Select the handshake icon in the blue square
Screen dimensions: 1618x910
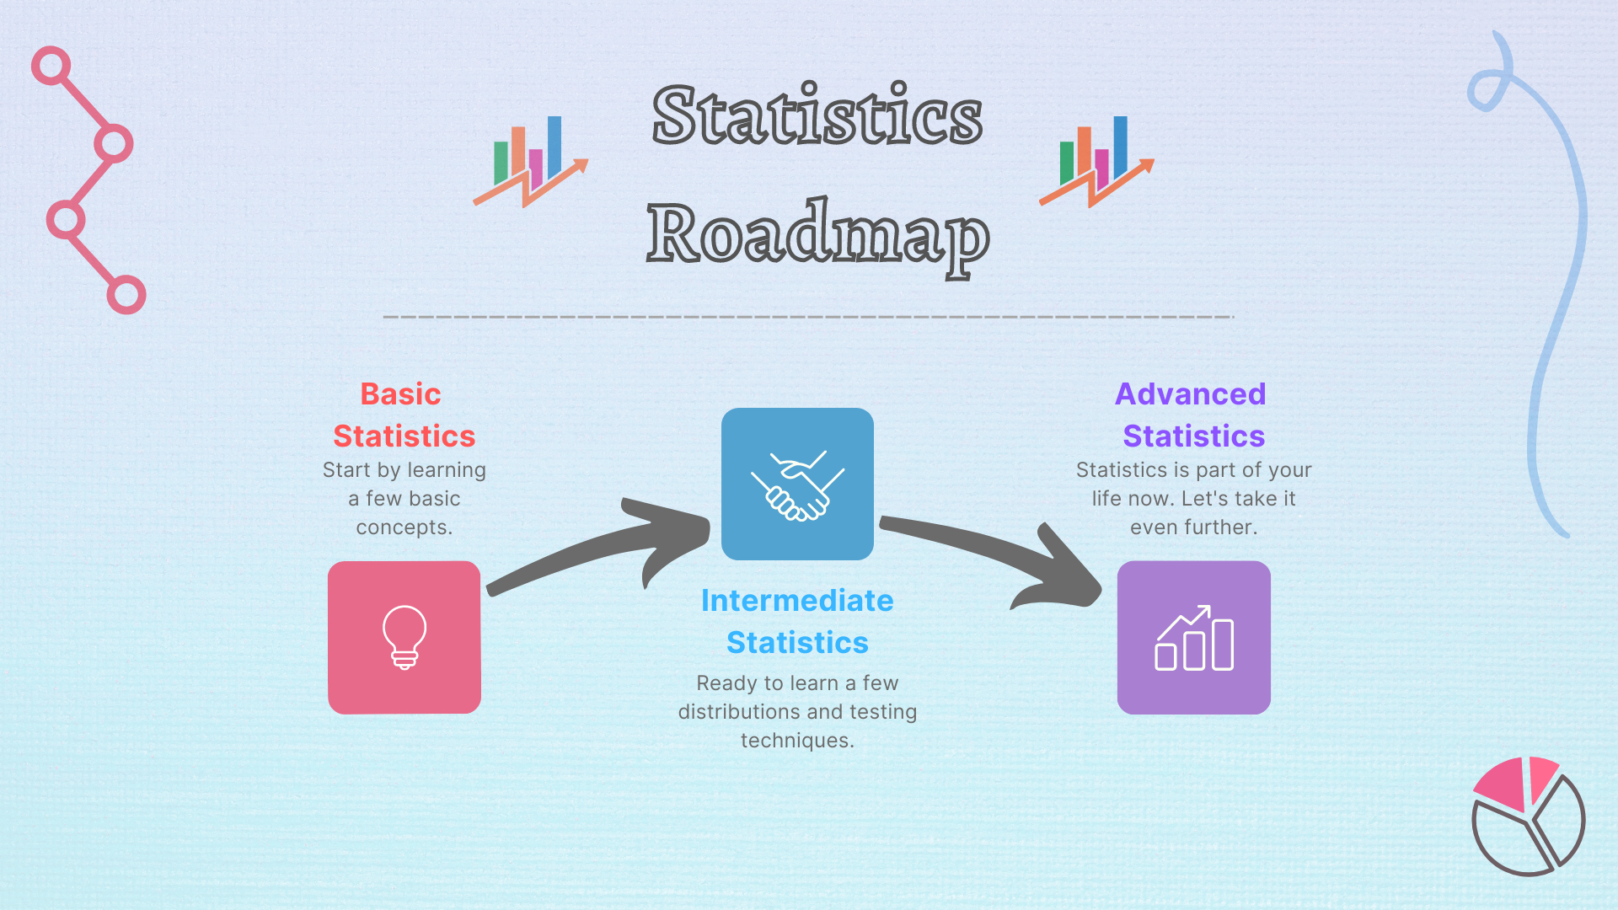[797, 485]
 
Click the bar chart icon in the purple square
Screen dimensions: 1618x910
[1194, 638]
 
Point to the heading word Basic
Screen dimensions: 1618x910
[400, 393]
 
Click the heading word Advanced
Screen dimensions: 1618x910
[1190, 393]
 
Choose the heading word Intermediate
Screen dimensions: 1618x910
[797, 600]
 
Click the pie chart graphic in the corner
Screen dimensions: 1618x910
[1529, 816]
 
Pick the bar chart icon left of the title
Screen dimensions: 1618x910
[531, 162]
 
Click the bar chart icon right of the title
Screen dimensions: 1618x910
[1096, 162]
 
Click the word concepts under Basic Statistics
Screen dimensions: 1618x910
[404, 527]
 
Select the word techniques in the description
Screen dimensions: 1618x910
[797, 741]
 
